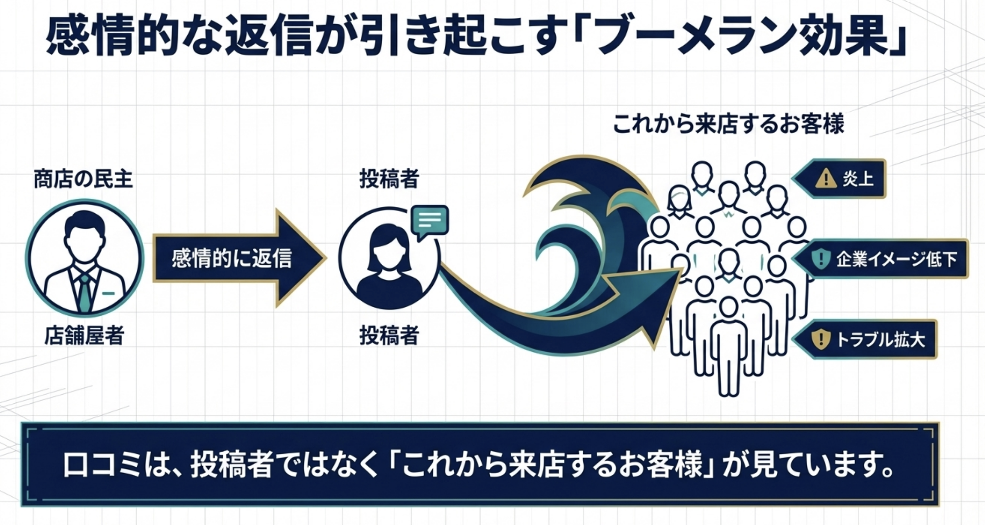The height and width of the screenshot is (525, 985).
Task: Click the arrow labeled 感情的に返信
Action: pos(239,258)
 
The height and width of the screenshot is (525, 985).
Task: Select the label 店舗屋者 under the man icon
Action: pos(84,336)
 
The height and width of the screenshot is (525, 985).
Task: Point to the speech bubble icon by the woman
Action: pos(429,222)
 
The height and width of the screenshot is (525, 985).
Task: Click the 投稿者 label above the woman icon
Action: pos(389,179)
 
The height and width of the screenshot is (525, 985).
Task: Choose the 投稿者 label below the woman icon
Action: pos(389,336)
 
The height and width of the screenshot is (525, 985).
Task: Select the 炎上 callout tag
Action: pos(839,179)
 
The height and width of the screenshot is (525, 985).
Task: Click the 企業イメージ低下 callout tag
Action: pos(880,259)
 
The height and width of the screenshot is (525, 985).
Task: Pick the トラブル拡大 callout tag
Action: pos(865,340)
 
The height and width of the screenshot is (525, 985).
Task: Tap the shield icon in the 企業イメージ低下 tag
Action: pos(821,259)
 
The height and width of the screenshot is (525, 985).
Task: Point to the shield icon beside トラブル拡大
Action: pos(821,340)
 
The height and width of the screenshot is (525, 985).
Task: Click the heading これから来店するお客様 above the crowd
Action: pos(728,124)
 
